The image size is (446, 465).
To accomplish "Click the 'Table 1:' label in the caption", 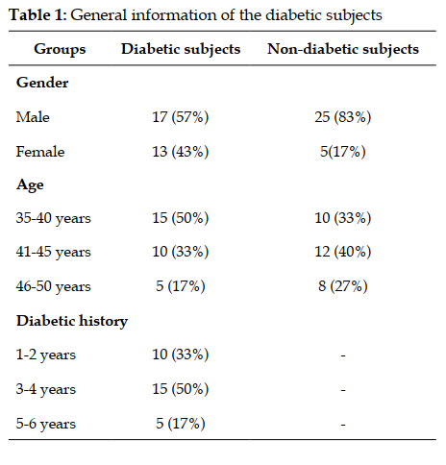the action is [37, 15].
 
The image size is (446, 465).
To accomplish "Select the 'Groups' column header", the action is [60, 49].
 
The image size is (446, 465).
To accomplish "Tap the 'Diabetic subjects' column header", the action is [181, 49].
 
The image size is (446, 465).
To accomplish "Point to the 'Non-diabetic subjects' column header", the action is [343, 49].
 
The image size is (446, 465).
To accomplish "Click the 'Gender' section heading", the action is [42, 83].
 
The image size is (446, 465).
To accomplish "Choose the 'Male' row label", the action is [33, 117].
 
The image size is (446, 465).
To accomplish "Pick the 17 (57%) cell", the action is [181, 117].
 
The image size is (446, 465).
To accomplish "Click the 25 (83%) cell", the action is [343, 117].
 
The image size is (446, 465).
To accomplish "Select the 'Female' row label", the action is [40, 152].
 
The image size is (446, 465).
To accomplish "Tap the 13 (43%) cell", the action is [181, 152].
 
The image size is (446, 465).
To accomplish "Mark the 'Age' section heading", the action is [30, 185].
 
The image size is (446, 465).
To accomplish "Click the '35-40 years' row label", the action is [54, 218].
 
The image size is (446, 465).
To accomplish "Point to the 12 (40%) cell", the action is [343, 252].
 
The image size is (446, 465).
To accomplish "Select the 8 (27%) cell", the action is [343, 286].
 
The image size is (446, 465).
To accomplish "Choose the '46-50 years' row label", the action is [54, 286].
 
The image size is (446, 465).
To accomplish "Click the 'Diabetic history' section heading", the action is [72, 321].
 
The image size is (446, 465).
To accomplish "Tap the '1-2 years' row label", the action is [46, 355].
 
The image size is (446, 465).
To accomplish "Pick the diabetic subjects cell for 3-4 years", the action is [181, 389].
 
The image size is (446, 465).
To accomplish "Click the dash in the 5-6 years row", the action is [343, 425].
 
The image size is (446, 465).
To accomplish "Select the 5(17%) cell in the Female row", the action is [343, 152].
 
